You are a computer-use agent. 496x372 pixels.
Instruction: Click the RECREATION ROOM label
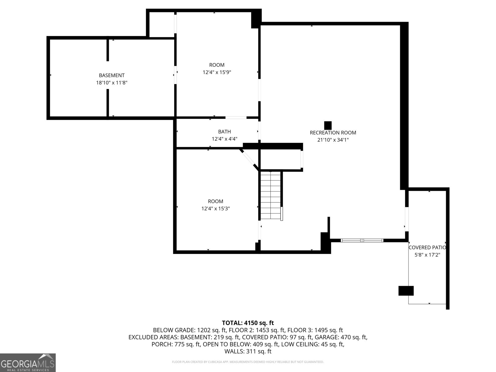pos(333,133)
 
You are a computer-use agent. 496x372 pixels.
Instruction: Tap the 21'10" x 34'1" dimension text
pos(333,140)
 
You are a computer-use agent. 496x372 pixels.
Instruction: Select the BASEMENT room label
pos(112,75)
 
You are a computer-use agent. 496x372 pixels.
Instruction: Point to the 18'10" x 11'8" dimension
pos(112,83)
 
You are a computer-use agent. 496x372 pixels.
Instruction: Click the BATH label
pos(224,132)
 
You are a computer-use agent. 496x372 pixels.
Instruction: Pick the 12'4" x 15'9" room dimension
pos(217,73)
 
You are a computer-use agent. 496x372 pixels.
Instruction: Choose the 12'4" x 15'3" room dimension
pos(215,209)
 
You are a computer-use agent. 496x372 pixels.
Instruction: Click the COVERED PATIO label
pos(427,247)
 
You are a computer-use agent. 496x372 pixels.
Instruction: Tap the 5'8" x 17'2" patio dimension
pos(427,255)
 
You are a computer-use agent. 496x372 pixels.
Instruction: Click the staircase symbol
pos(271,195)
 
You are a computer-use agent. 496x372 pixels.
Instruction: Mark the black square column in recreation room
pos(328,125)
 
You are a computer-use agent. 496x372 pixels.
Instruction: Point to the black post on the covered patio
pos(406,291)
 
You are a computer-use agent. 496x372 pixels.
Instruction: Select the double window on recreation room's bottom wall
pos(362,240)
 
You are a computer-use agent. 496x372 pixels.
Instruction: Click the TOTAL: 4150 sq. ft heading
pos(248,323)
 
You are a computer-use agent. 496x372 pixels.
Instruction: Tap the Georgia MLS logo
pos(28,362)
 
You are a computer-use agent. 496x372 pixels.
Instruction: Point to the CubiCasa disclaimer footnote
pos(248,362)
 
